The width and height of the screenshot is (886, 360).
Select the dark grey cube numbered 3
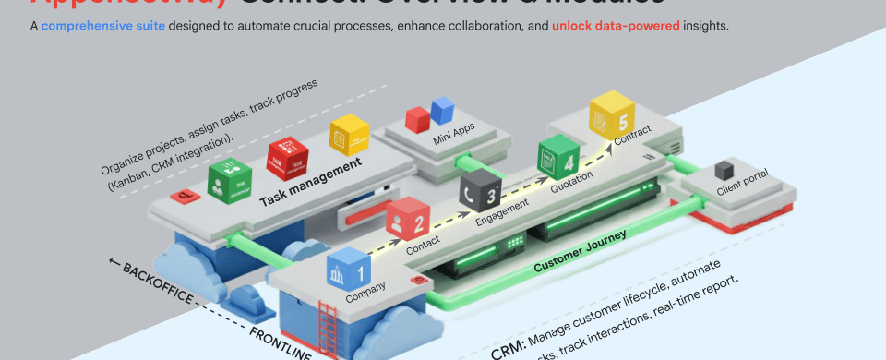click(480, 190)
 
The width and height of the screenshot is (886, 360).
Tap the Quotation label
click(571, 185)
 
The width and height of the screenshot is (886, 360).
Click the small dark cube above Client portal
click(726, 169)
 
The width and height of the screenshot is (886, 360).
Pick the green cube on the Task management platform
click(228, 181)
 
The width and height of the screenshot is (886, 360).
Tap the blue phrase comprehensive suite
click(102, 26)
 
